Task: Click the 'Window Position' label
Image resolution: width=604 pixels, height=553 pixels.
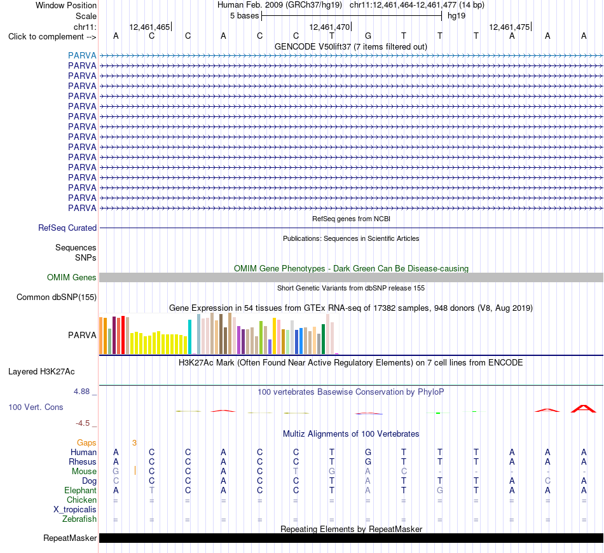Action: (x=66, y=5)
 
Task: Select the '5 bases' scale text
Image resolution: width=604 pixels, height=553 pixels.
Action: (x=244, y=16)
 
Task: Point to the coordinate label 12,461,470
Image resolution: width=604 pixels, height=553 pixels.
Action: (x=329, y=27)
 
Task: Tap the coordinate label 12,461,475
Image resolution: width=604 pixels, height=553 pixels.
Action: (x=509, y=27)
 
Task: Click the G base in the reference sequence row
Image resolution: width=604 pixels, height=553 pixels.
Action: (x=368, y=36)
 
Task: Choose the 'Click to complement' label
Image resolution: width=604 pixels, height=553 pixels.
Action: (x=52, y=37)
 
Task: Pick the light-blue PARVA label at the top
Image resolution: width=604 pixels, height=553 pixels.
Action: (x=82, y=55)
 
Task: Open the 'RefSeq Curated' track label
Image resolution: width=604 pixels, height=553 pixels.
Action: (x=67, y=228)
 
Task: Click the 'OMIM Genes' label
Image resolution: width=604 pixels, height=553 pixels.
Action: (x=71, y=277)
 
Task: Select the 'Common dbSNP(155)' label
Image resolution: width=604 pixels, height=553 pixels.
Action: (x=56, y=297)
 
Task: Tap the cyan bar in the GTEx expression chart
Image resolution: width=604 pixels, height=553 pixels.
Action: (x=189, y=337)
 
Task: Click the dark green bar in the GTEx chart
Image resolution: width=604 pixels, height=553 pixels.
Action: (x=323, y=339)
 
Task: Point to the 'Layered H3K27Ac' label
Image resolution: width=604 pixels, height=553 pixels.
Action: (x=41, y=372)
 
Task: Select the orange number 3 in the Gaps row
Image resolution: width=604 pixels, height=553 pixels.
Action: (x=134, y=443)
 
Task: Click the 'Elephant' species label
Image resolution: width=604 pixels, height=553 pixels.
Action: (x=80, y=491)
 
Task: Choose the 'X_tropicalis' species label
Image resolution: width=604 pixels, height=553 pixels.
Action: (x=75, y=510)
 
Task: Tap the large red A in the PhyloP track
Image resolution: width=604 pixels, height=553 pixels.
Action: (x=584, y=409)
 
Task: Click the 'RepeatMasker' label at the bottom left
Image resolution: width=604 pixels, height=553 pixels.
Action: (x=70, y=538)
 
